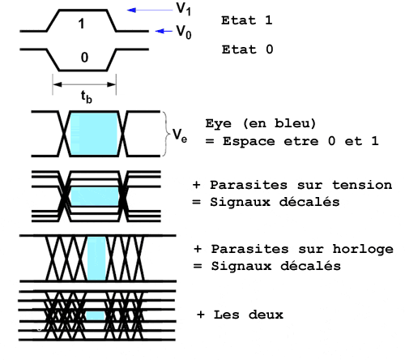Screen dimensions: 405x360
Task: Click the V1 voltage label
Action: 184,9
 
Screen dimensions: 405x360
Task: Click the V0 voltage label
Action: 184,32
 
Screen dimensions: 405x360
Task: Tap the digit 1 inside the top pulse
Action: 81,24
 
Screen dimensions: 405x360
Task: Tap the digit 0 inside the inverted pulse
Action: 84,58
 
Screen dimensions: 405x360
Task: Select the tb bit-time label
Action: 87,96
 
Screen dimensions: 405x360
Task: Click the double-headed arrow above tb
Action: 84,84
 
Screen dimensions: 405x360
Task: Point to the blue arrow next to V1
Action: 150,11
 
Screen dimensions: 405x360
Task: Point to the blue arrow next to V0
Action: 164,32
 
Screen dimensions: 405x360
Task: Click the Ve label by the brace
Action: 180,135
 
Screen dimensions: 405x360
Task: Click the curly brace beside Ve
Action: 166,134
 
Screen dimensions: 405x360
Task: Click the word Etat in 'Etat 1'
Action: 238,20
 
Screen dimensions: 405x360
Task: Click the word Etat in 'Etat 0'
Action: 239,49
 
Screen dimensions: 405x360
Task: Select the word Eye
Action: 218,123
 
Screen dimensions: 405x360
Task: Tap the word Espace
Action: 249,141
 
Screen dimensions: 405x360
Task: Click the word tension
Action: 362,185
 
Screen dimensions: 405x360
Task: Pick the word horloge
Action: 363,250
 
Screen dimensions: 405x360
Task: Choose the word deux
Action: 266,315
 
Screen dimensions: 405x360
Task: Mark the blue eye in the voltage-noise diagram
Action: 95,196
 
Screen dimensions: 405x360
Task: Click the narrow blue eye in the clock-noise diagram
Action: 96,259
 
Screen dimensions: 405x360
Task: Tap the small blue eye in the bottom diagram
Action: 96,315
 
